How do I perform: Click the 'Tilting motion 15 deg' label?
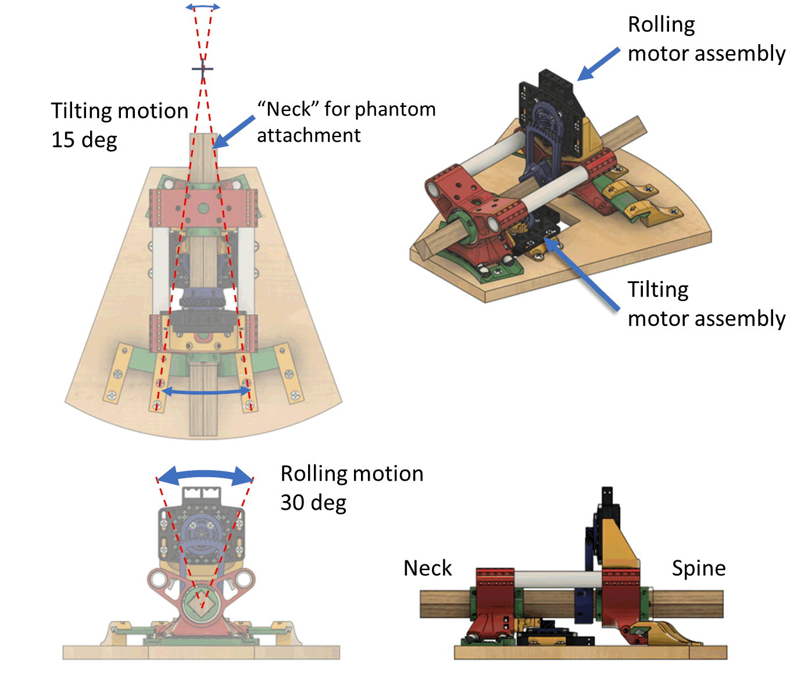[x=119, y=125]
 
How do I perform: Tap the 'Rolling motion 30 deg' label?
[x=352, y=488]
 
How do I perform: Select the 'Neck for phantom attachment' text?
[x=346, y=122]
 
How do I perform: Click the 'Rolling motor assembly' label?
[x=706, y=39]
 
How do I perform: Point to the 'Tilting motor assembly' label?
[x=706, y=304]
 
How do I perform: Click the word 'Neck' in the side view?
[x=427, y=568]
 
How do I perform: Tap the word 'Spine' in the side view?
[x=699, y=568]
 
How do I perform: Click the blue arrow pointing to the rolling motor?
[x=599, y=64]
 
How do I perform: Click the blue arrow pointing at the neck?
[x=235, y=131]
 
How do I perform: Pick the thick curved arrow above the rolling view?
[x=205, y=475]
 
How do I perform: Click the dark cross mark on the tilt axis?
[x=202, y=69]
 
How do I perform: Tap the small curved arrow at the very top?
[x=203, y=6]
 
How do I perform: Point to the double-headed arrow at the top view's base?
[x=205, y=392]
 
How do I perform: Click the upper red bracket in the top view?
[x=203, y=207]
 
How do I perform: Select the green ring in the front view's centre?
[x=203, y=603]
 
